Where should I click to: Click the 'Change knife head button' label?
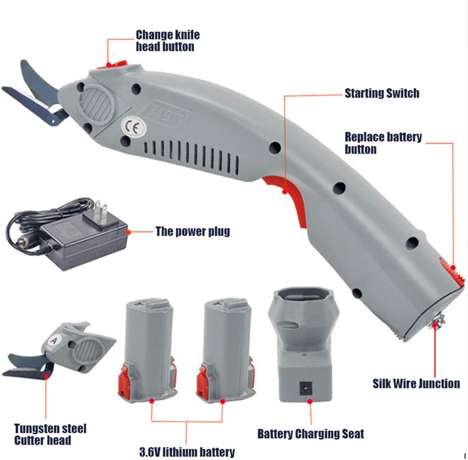click(x=168, y=41)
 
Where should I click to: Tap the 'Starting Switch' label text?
click(x=382, y=93)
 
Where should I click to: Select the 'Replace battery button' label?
click(x=383, y=143)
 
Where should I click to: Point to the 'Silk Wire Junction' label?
click(x=416, y=383)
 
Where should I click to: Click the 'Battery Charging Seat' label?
click(x=311, y=433)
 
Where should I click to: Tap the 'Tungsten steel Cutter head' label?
click(x=50, y=435)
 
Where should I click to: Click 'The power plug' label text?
click(x=193, y=232)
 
